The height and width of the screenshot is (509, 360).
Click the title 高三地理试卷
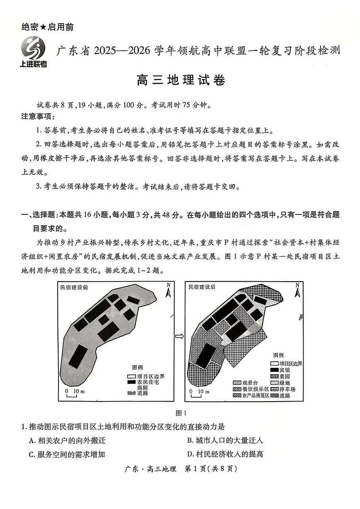tap(180, 80)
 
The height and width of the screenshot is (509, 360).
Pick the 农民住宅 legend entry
tap(142, 382)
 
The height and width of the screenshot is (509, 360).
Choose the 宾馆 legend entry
tap(280, 370)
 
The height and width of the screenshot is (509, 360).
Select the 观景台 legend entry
tap(249, 382)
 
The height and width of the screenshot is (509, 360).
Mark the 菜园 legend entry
tap(280, 376)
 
